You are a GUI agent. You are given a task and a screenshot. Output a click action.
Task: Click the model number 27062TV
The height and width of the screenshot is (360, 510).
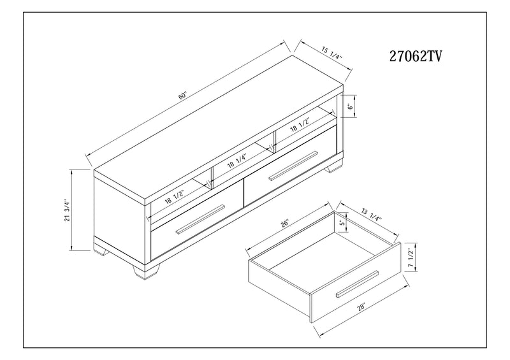click(x=415, y=57)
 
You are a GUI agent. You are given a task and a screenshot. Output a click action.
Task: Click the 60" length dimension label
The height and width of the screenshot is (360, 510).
click(x=184, y=96)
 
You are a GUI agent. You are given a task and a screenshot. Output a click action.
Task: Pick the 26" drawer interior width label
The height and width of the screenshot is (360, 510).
click(x=284, y=223)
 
